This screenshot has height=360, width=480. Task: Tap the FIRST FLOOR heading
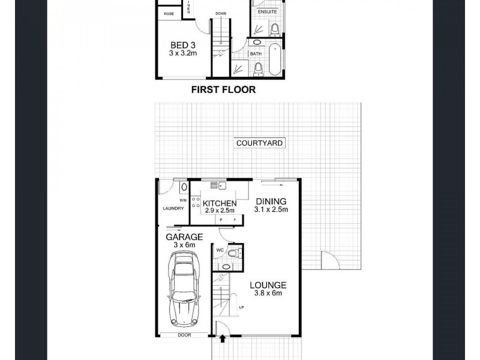point(223,90)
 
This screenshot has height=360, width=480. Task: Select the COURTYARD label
point(260,143)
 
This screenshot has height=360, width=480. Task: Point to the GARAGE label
point(184,236)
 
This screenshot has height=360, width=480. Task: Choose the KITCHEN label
point(220,203)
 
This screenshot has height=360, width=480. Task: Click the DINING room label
point(270,201)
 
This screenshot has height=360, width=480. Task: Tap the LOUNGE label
point(269,285)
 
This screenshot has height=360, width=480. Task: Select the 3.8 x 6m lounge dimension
point(269,293)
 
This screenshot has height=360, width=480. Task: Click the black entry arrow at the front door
point(223,339)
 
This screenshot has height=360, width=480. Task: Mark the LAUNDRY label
point(172,209)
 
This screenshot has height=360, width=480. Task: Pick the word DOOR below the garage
point(184,335)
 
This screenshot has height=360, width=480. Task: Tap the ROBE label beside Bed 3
point(169,13)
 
